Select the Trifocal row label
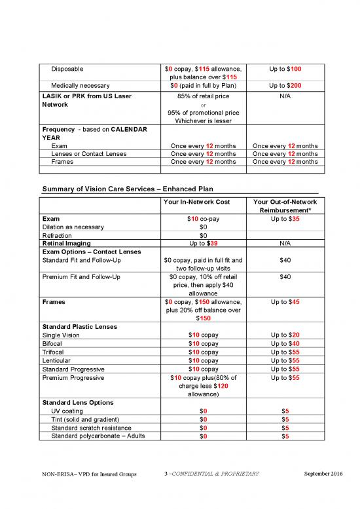coord(55,351)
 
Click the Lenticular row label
coord(57,360)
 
